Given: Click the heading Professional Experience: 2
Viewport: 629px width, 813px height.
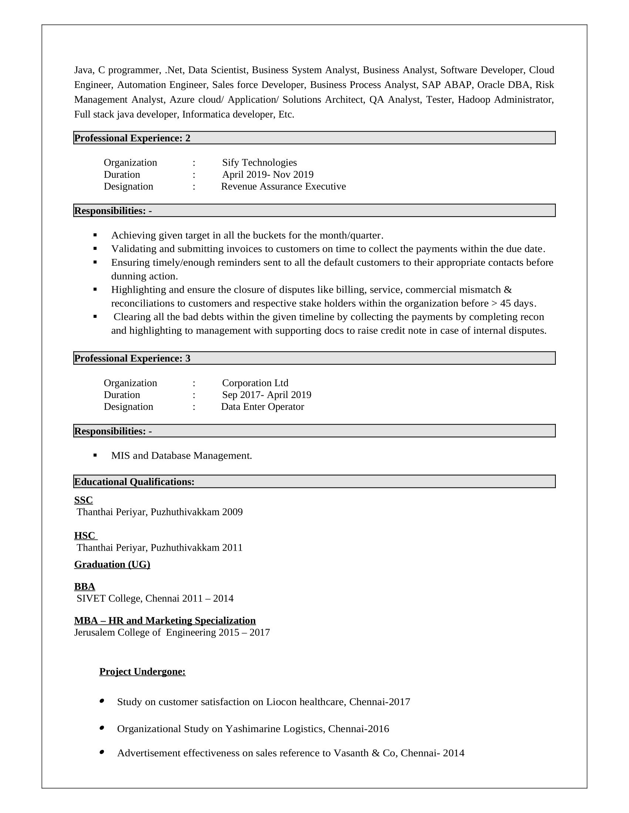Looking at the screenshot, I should [132, 138].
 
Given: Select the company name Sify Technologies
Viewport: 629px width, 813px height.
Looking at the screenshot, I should [259, 163].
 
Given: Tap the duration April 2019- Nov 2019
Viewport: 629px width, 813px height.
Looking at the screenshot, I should [268, 174].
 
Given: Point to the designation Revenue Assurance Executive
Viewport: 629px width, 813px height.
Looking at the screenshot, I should [283, 187].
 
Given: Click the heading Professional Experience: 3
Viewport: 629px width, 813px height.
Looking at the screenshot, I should [132, 358].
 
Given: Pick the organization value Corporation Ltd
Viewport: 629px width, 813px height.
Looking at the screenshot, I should [255, 383].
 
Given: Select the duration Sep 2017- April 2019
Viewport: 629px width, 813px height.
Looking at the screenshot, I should [266, 395].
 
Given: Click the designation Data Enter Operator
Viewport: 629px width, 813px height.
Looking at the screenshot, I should [262, 406].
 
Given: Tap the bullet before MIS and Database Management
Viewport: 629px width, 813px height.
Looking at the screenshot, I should [95, 455].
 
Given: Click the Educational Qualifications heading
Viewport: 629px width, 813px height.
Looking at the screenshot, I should [134, 482].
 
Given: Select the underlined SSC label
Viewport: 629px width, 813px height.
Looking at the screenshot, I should [84, 500].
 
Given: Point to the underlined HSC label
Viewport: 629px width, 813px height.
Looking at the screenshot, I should [85, 536].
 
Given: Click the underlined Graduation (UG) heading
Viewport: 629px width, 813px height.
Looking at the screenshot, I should [112, 564].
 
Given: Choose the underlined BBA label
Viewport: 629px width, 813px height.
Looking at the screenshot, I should [85, 587].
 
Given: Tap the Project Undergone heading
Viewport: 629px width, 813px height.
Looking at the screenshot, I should [142, 671].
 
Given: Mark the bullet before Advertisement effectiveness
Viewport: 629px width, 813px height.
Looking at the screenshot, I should [102, 752].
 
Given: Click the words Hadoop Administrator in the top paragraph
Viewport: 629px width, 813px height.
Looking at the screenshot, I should [506, 100].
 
